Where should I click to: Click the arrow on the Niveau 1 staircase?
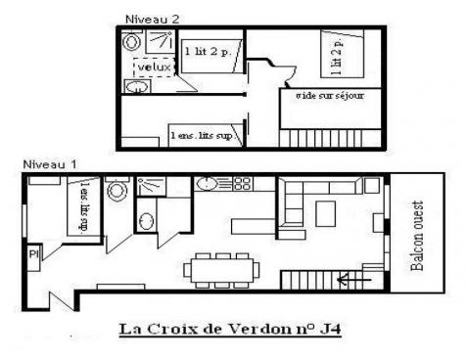coord(351,280)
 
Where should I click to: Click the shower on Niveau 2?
coord(157,41)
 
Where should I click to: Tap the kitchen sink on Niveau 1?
coord(209,183)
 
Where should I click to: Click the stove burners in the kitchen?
coord(240,183)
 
